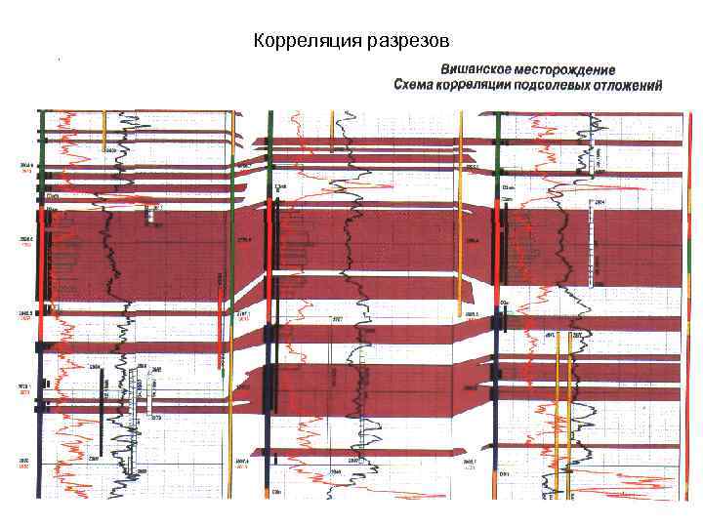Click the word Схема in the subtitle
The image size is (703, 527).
[417, 86]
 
